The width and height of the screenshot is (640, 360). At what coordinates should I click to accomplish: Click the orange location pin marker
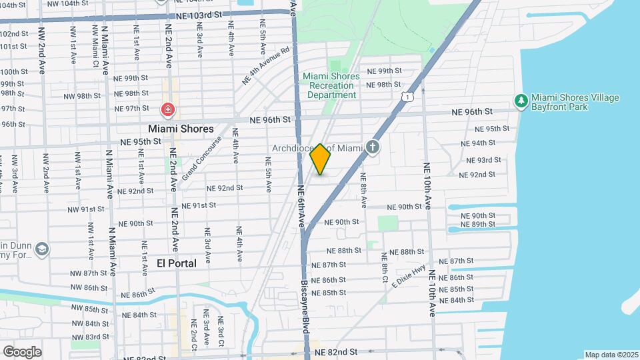point(320,159)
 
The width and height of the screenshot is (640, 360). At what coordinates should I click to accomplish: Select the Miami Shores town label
point(181,129)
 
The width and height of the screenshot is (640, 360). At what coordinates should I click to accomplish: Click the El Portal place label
point(176,263)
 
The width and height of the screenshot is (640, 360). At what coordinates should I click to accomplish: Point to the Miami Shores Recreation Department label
point(331,85)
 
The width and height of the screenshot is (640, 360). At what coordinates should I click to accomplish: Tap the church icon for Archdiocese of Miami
point(373,147)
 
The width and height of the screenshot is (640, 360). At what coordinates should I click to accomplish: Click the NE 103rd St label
point(199,15)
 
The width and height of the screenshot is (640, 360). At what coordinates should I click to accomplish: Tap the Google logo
point(22,351)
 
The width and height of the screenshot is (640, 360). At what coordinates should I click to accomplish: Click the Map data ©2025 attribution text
point(611,355)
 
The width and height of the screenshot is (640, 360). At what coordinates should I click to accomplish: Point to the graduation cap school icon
point(42,249)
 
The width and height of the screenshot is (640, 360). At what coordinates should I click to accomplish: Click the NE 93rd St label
point(483,160)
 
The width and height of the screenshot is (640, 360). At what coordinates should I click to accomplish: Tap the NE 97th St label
point(131,108)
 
